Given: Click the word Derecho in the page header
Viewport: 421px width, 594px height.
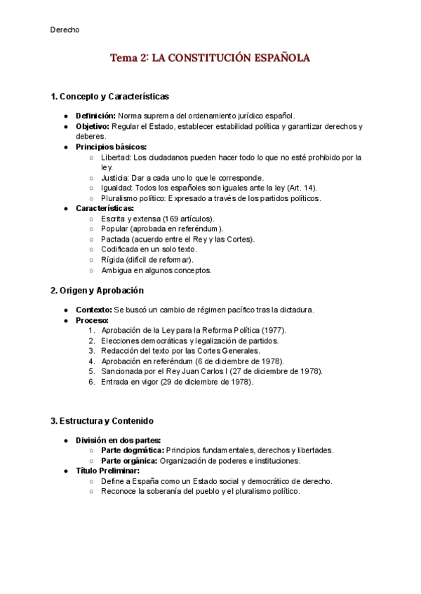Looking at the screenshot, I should (65, 29).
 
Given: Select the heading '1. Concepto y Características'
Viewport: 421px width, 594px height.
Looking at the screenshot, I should (109, 96).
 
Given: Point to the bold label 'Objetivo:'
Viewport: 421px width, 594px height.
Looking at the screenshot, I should (92, 126).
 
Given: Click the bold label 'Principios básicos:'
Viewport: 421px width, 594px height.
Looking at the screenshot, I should (111, 147).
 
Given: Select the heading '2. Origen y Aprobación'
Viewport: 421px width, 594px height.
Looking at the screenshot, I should (97, 290).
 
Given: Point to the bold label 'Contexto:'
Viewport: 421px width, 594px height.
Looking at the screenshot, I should (93, 310).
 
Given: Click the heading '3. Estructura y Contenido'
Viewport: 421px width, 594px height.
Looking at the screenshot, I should (102, 420).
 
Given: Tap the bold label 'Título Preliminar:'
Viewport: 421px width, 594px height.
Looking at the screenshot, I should (107, 471).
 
